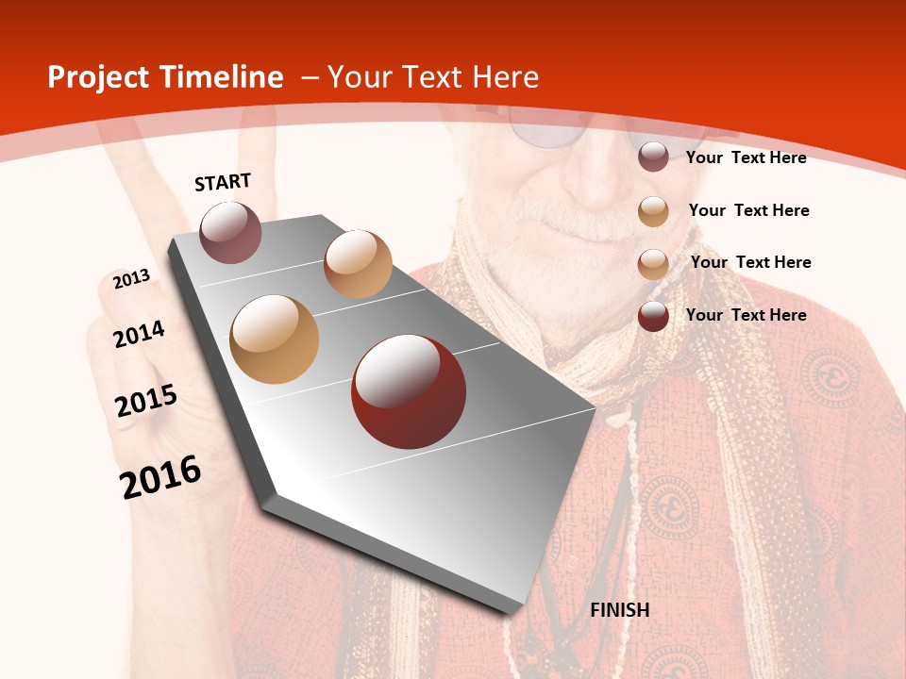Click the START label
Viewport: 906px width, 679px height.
click(223, 182)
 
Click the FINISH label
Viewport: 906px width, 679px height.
click(620, 610)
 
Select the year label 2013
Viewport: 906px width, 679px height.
click(131, 279)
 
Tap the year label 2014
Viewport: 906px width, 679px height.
click(139, 335)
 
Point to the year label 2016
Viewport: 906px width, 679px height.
click(160, 477)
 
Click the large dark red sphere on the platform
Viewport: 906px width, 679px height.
click(409, 390)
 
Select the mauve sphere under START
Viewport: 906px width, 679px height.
click(230, 232)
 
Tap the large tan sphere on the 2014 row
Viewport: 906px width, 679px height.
click(274, 339)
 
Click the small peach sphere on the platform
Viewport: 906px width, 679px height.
click(358, 263)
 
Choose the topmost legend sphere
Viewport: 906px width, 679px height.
click(653, 157)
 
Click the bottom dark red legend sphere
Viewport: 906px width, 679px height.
click(653, 316)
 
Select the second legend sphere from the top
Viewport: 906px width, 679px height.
click(653, 211)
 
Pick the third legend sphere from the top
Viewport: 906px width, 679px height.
click(653, 264)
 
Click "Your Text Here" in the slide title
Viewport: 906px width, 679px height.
click(432, 77)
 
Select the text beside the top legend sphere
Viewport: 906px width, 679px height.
click(746, 157)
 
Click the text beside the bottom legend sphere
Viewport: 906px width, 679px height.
click(746, 315)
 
